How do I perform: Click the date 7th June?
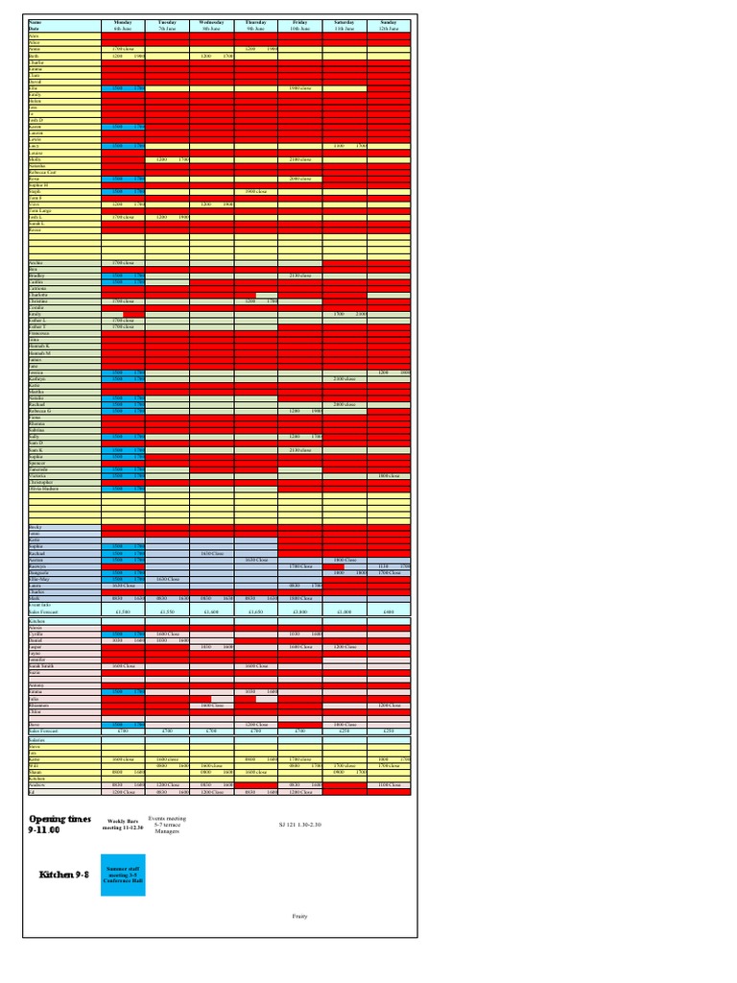pyautogui.click(x=167, y=29)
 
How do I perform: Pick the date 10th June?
pyautogui.click(x=299, y=29)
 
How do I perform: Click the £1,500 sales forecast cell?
pyautogui.click(x=123, y=611)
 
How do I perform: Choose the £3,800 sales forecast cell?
pyautogui.click(x=299, y=611)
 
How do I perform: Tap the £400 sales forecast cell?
pyautogui.click(x=388, y=611)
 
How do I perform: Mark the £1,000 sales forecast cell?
pyautogui.click(x=344, y=611)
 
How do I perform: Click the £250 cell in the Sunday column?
pyautogui.click(x=388, y=731)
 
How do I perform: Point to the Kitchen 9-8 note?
pyautogui.click(x=62, y=875)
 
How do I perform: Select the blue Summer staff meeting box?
pyautogui.click(x=123, y=874)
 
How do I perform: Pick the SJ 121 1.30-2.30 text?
pyautogui.click(x=300, y=824)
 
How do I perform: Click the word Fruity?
pyautogui.click(x=299, y=916)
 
